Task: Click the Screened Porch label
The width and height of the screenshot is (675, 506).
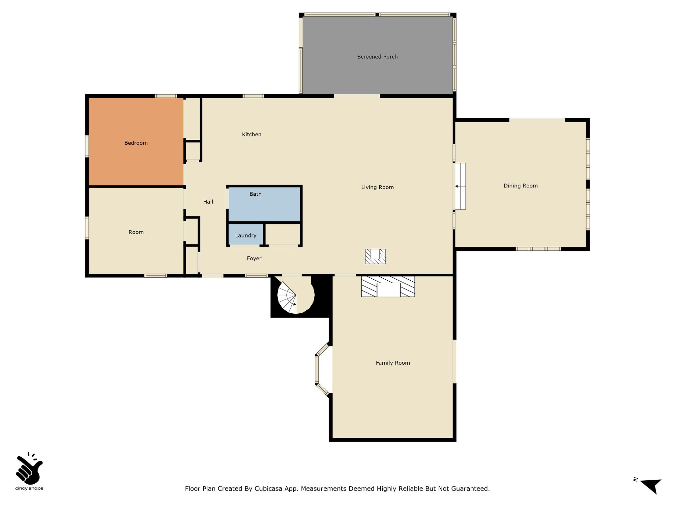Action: pyautogui.click(x=377, y=57)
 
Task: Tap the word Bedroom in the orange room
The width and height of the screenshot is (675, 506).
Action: pyautogui.click(x=136, y=143)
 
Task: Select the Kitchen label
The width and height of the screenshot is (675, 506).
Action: pyautogui.click(x=251, y=134)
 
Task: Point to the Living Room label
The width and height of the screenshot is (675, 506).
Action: pyautogui.click(x=377, y=187)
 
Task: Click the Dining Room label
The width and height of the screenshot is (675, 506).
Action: pyautogui.click(x=520, y=186)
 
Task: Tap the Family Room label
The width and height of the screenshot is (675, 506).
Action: pyautogui.click(x=393, y=363)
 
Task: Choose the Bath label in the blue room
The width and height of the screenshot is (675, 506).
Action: pyautogui.click(x=255, y=194)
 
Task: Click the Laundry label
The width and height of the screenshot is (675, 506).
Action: pyautogui.click(x=246, y=236)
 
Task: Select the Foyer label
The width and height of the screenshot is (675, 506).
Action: pyautogui.click(x=254, y=259)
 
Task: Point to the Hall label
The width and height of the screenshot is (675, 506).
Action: pyautogui.click(x=208, y=202)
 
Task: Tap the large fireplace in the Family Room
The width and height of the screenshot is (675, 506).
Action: pyautogui.click(x=388, y=287)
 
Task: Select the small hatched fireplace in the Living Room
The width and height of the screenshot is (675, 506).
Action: pyautogui.click(x=375, y=256)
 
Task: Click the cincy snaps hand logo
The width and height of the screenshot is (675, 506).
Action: pyautogui.click(x=29, y=467)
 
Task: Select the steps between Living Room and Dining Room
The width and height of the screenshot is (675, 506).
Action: pyautogui.click(x=460, y=186)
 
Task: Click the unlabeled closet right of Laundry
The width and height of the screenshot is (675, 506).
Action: pyautogui.click(x=283, y=234)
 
